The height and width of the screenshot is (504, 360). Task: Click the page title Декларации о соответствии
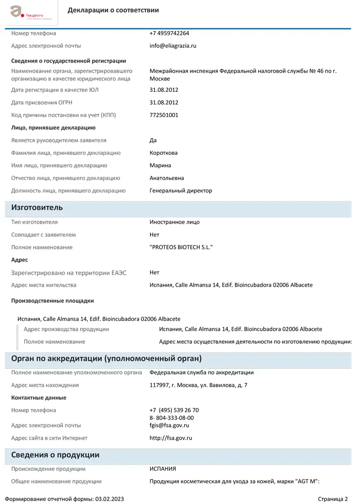click(x=113, y=10)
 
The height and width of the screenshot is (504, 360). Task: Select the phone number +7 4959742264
click(x=169, y=33)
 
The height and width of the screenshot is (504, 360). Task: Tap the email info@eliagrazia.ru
click(x=173, y=46)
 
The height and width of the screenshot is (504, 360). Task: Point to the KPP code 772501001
click(x=164, y=115)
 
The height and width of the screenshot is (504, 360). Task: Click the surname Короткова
click(x=163, y=153)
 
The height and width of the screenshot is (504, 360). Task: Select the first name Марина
click(x=160, y=166)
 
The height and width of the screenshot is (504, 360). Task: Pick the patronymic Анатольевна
click(x=166, y=178)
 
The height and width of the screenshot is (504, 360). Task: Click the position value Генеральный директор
click(x=180, y=191)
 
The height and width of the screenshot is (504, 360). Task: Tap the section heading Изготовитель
click(x=37, y=208)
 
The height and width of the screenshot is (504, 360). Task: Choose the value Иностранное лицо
click(x=174, y=222)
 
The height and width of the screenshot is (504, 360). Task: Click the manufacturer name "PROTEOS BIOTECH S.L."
click(x=181, y=247)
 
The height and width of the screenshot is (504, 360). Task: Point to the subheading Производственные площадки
click(x=52, y=301)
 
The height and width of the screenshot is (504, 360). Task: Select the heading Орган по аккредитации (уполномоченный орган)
click(x=106, y=359)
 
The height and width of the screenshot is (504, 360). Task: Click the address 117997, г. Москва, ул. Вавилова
click(x=198, y=385)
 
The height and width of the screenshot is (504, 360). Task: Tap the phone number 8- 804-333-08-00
click(x=171, y=418)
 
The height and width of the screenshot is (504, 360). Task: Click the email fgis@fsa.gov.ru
click(x=169, y=425)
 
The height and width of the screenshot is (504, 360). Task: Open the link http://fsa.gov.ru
click(x=171, y=438)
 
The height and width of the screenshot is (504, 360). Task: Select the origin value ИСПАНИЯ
click(x=162, y=469)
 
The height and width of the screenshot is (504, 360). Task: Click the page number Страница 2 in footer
click(x=333, y=499)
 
